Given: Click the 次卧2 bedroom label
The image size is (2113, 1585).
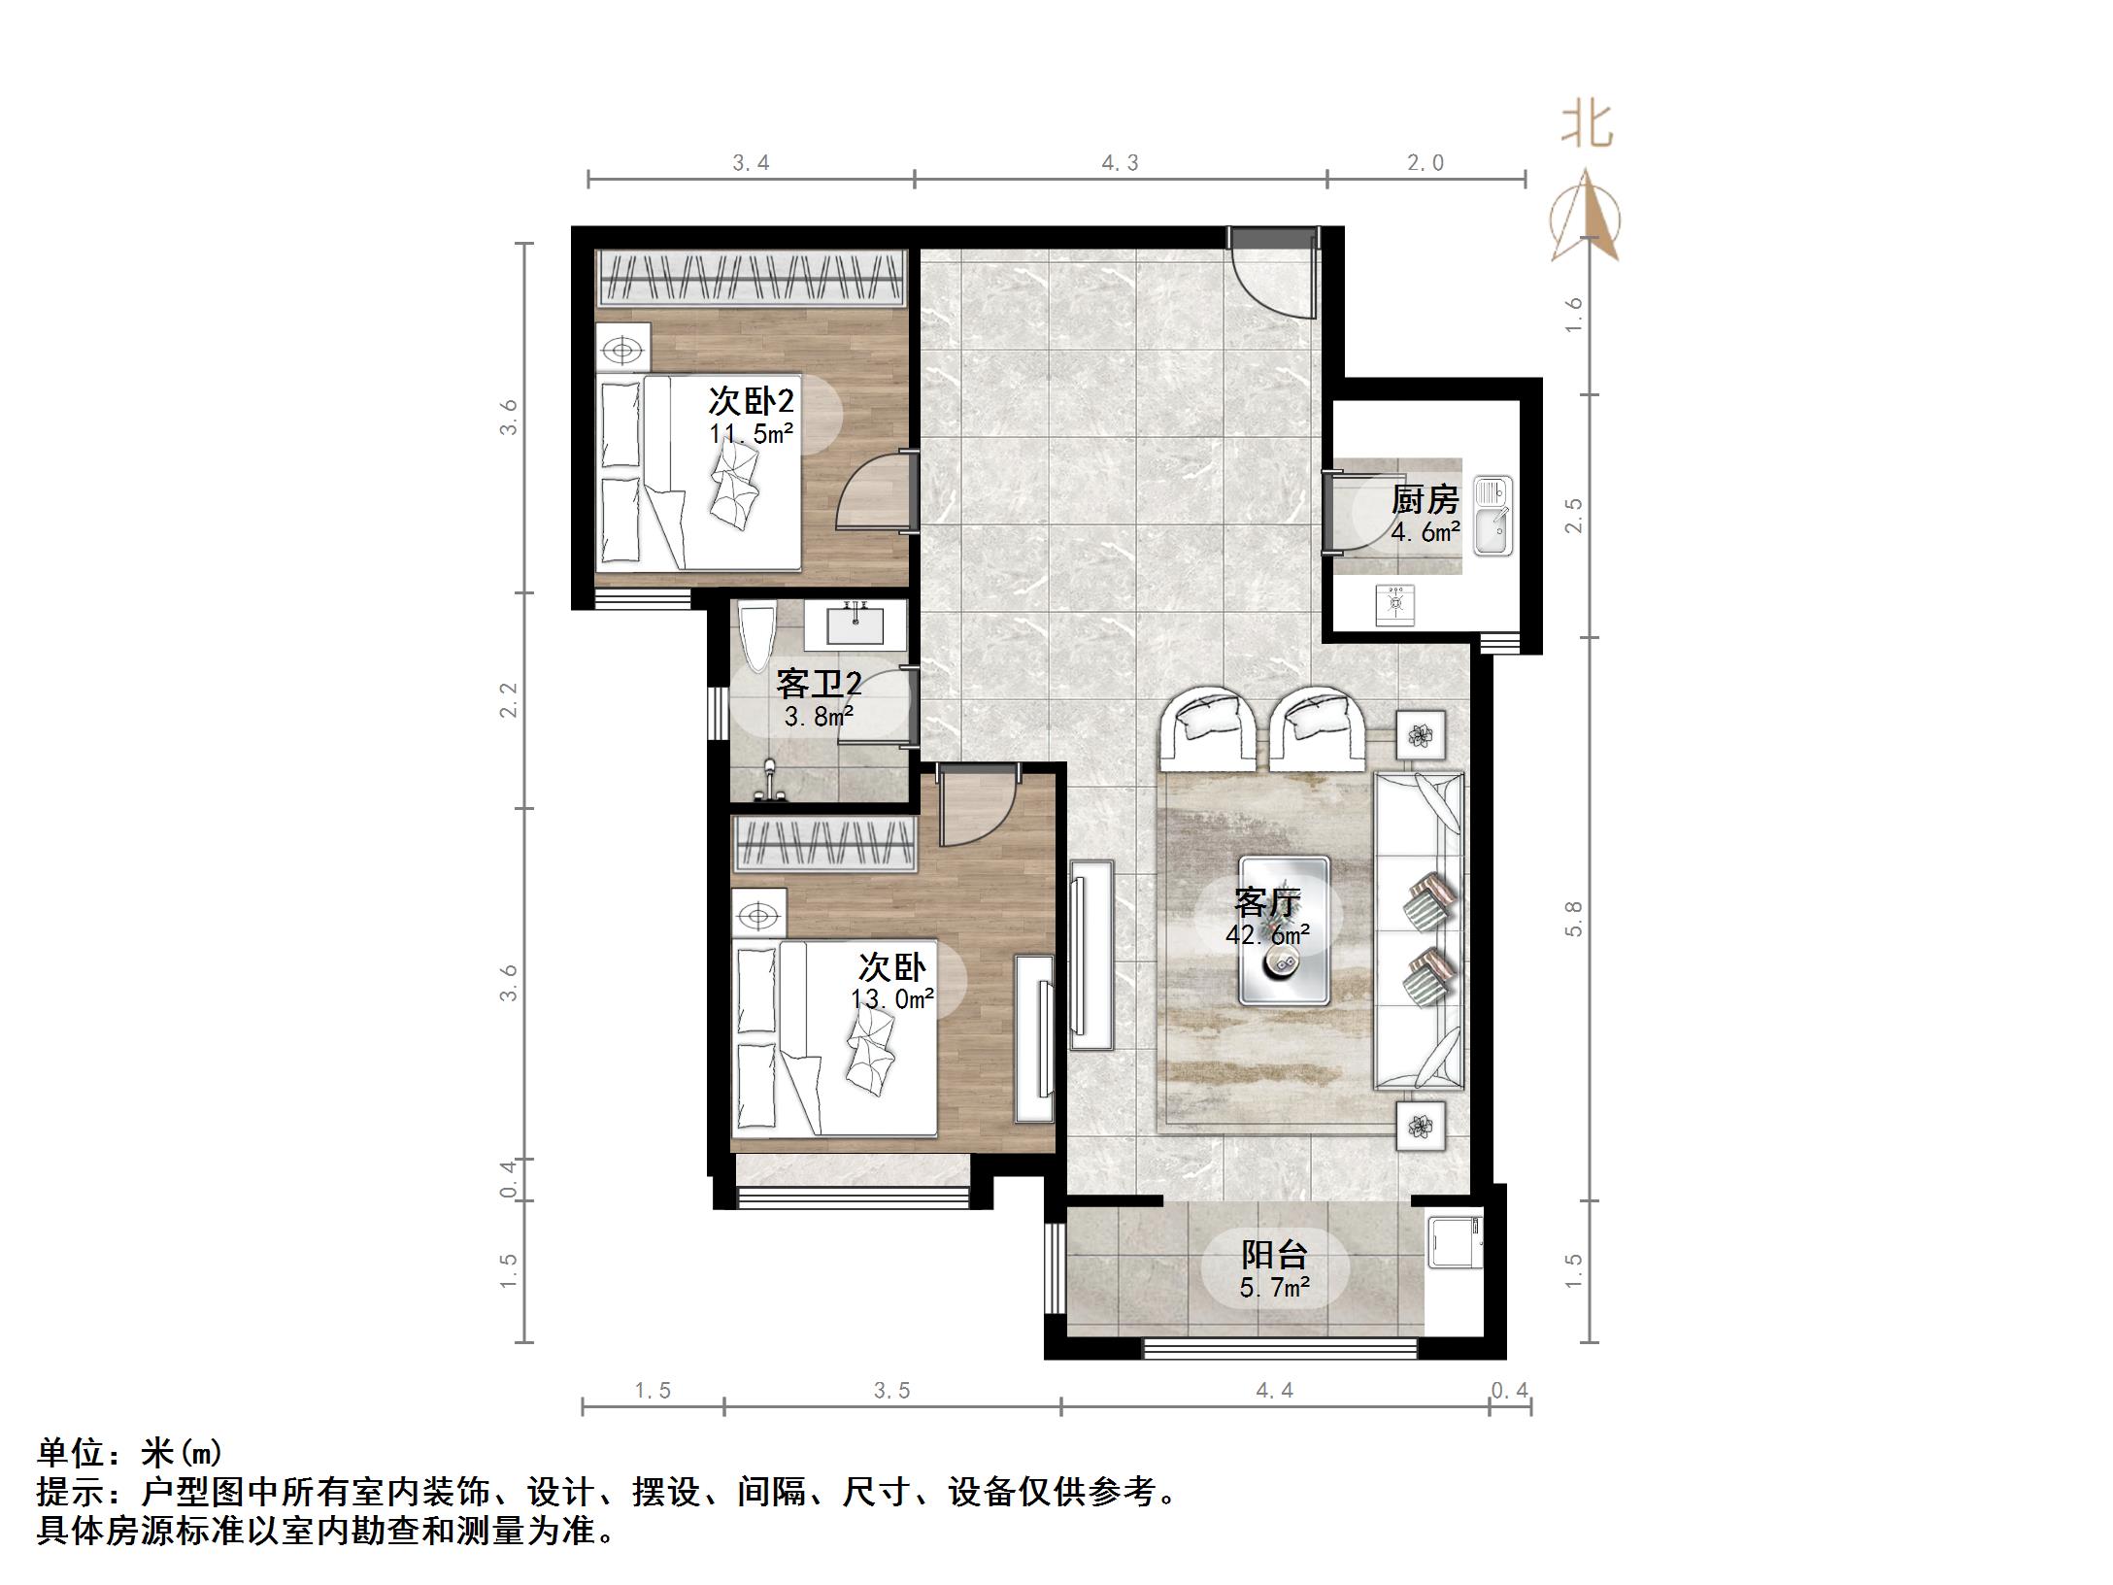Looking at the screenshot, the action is pos(752,401).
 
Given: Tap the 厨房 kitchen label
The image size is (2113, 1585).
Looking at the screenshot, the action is pos(1425,500).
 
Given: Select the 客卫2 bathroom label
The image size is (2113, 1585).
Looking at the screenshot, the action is pos(819,685).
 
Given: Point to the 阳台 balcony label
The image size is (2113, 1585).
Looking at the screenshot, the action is pos(1274,1255).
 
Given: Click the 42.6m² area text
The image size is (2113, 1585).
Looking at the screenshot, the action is pos(1268,935).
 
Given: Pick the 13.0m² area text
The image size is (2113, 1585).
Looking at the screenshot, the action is pos(893,998).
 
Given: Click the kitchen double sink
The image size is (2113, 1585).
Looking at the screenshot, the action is pos(1493,516).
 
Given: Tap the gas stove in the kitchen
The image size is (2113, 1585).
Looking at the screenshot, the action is pos(1394,605).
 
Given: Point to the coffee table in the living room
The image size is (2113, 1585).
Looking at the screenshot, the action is pos(1284,929).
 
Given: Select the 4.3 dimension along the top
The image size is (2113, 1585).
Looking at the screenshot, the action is pos(1121,163).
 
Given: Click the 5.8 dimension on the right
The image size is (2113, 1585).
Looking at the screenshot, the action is pos(1574,919).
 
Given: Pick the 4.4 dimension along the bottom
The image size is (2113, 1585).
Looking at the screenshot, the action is pos(1275,1391).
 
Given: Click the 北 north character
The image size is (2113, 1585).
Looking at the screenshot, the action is pos(1588,126).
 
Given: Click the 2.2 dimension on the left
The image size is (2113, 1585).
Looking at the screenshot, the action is pos(509,700).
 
